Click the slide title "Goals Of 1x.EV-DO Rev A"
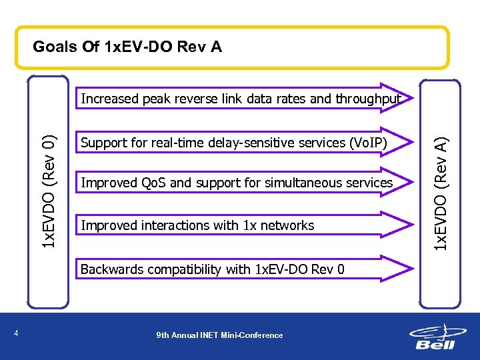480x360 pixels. (x=127, y=47)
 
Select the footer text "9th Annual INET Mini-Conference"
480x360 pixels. (x=219, y=335)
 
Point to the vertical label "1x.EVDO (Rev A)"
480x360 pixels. (x=440, y=194)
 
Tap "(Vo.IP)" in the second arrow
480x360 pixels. (x=368, y=143)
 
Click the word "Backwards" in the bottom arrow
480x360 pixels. (x=110, y=269)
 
